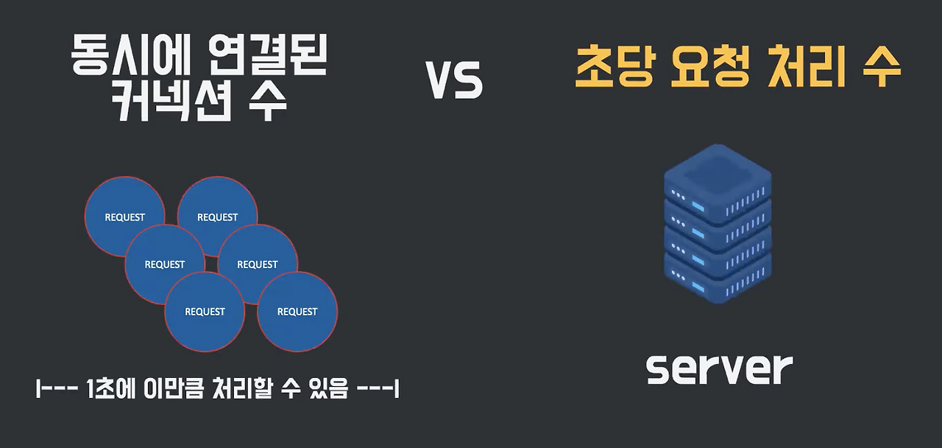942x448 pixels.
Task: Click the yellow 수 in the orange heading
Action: click(880, 69)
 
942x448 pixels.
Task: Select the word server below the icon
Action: click(719, 367)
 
